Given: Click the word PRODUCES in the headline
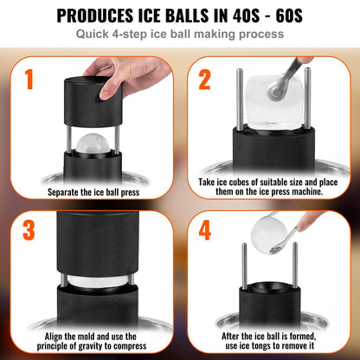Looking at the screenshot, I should point(104,16).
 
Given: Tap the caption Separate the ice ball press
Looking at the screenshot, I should point(92,190).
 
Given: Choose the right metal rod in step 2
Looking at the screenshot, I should point(293,104).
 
